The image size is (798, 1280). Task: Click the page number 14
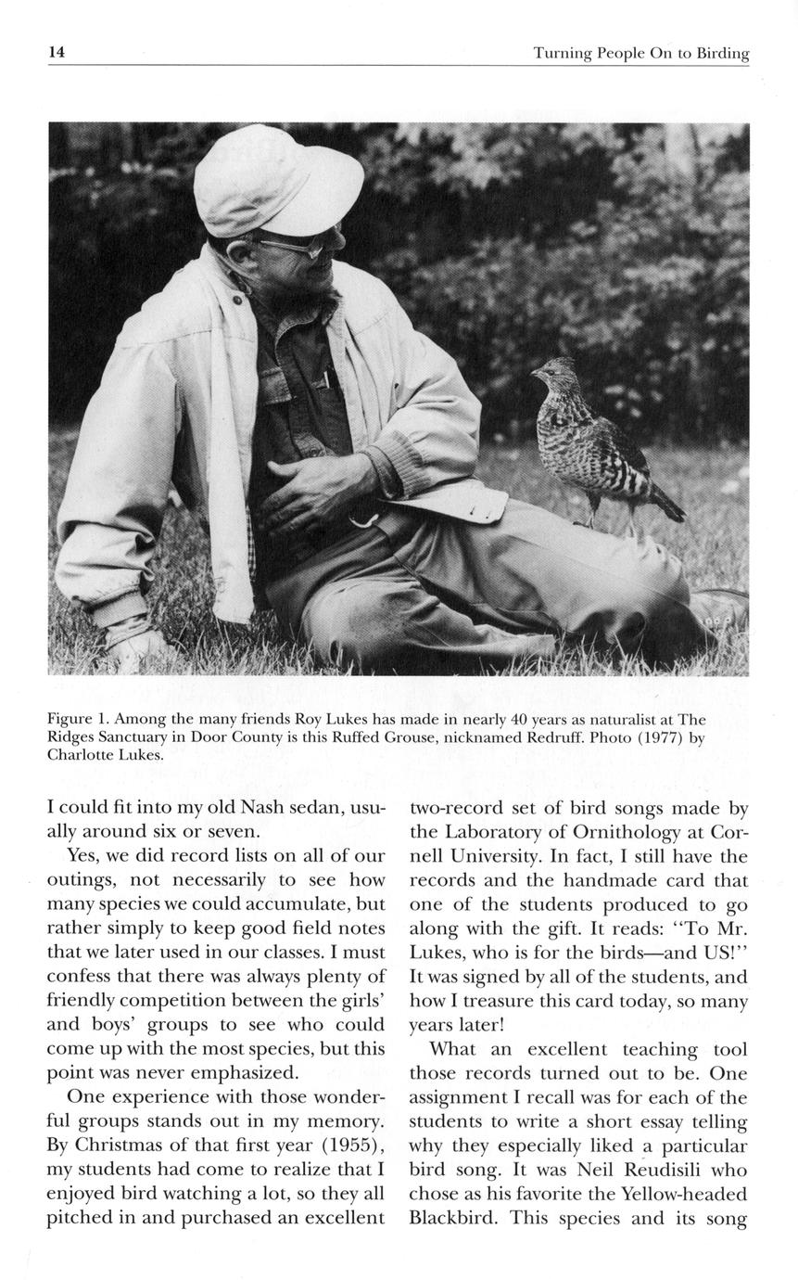[57, 53]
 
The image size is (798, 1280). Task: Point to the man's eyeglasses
[297, 247]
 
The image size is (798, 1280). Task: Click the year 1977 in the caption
[664, 738]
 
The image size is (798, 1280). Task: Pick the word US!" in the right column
[721, 953]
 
